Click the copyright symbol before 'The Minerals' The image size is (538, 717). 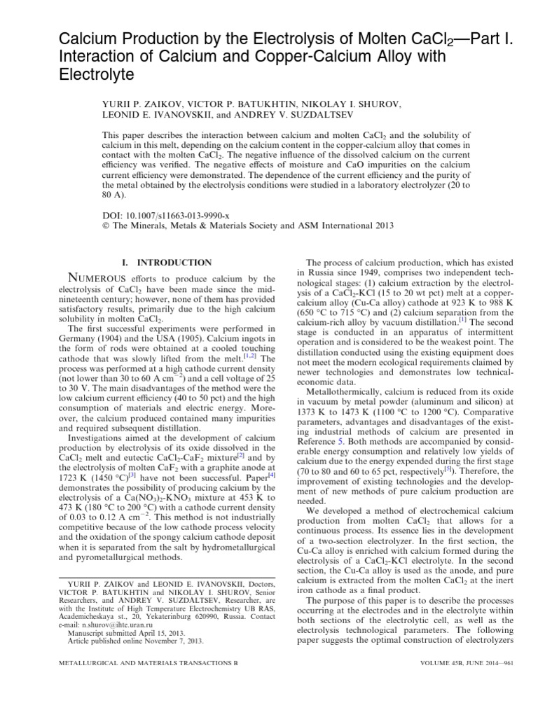click(106, 225)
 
